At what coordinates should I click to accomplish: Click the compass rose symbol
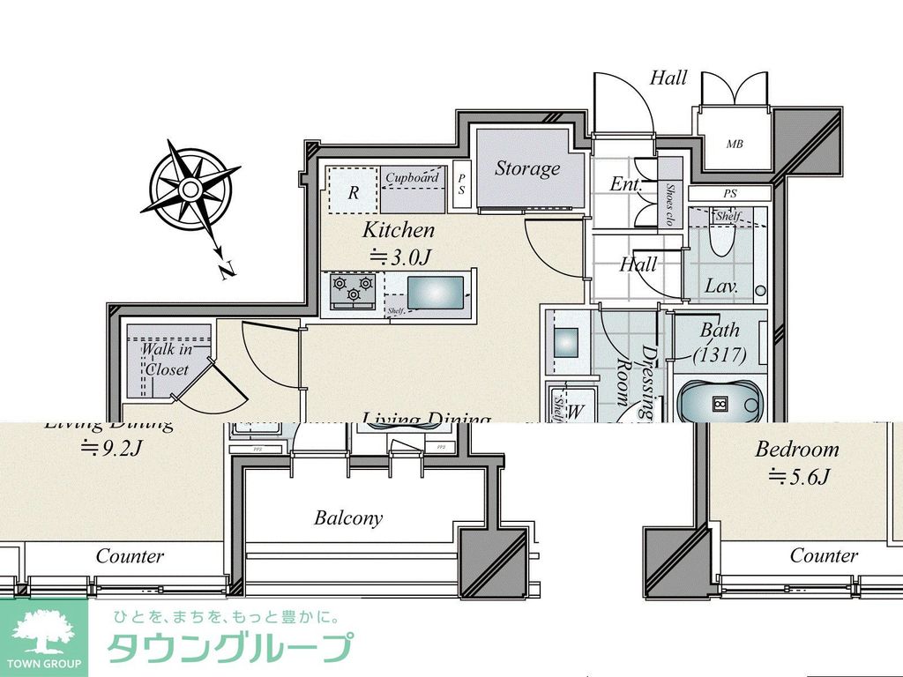190,190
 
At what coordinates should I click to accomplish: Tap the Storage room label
526,168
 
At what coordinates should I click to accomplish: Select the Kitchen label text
399,231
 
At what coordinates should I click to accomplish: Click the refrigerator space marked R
353,192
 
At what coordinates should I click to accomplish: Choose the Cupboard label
412,177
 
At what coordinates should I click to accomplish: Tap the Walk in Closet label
167,360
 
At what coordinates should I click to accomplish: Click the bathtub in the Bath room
720,404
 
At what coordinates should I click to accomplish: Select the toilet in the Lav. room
721,237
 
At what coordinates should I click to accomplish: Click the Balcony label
348,518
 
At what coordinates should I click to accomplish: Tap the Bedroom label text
796,449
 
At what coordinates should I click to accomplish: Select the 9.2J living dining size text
111,448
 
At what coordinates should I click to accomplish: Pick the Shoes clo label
670,205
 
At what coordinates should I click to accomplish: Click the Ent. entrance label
625,184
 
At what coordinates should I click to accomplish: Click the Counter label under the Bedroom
823,555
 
